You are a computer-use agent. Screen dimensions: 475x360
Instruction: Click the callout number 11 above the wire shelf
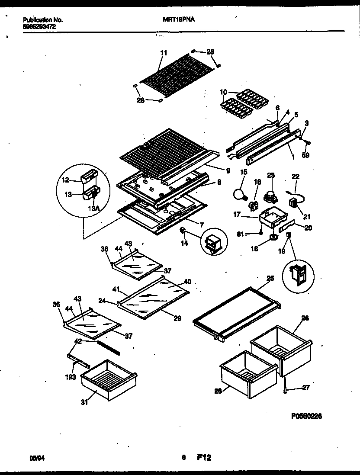point(164,53)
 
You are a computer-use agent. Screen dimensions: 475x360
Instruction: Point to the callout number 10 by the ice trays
point(223,92)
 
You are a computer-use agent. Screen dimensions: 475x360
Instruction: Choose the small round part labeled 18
point(273,237)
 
